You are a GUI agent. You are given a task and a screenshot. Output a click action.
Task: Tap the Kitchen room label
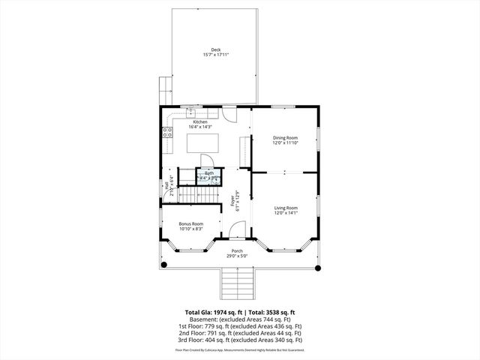tap(199, 121)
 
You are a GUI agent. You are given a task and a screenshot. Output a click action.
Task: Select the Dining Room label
tap(285, 137)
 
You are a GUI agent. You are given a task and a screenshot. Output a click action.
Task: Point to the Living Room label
tap(285, 208)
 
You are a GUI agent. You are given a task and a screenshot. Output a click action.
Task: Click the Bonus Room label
tap(190, 223)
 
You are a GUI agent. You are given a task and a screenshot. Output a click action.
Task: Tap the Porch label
tap(237, 250)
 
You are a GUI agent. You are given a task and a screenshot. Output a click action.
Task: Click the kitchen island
tap(202, 142)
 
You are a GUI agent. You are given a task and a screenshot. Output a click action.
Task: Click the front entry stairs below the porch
tap(236, 283)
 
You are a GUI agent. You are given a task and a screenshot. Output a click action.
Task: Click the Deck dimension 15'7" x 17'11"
tap(215, 55)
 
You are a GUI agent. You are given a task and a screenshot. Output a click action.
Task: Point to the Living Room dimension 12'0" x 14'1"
tap(285, 213)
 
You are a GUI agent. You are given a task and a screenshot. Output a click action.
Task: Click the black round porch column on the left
tap(165, 264)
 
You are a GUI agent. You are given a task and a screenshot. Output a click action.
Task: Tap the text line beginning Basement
tap(239, 319)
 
